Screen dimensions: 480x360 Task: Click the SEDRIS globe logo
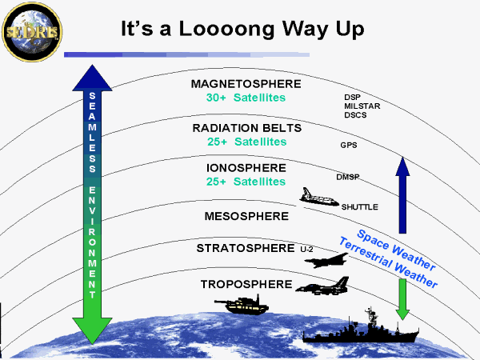tap(32, 32)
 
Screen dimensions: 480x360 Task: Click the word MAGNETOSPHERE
tap(246, 84)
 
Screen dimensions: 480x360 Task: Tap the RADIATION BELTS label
tap(247, 128)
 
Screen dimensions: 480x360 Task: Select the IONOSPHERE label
tap(246, 168)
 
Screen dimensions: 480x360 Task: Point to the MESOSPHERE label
tap(246, 216)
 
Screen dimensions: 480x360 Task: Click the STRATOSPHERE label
tap(246, 248)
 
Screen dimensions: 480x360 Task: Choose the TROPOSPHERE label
tap(246, 284)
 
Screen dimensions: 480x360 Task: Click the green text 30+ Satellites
tap(246, 98)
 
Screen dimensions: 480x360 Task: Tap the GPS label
tap(349, 145)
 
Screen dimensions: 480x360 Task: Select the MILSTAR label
tap(362, 106)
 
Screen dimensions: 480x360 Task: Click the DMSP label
tap(348, 177)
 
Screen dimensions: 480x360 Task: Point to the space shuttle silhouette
tap(319, 197)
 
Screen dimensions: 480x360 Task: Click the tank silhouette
tap(242, 304)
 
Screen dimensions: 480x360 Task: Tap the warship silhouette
tap(361, 326)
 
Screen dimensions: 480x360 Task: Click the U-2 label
tap(306, 250)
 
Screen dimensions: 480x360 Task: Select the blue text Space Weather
tap(396, 250)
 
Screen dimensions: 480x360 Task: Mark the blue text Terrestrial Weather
tap(388, 262)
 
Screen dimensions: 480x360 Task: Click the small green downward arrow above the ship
tap(402, 299)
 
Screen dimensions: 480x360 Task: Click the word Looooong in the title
tap(226, 30)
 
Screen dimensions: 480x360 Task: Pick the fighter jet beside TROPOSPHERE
tap(322, 286)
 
